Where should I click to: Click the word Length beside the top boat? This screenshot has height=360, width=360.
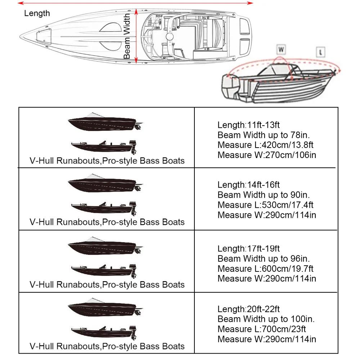37,14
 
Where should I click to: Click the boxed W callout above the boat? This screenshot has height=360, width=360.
280,49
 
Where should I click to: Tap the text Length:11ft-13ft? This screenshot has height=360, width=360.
248,125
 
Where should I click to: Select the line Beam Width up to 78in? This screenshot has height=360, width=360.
264,135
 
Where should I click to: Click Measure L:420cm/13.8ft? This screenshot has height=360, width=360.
265,145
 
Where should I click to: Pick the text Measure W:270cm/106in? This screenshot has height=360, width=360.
267,155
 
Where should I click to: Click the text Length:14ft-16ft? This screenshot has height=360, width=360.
248,185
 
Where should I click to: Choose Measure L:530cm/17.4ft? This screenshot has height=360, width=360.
265,205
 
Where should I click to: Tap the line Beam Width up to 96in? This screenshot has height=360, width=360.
264,258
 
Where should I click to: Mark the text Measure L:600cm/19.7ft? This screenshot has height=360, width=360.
265,269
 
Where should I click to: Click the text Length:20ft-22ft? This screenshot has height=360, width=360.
248,309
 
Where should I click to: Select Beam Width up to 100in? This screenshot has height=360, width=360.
266,319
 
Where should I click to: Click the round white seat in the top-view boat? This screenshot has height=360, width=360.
170,37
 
